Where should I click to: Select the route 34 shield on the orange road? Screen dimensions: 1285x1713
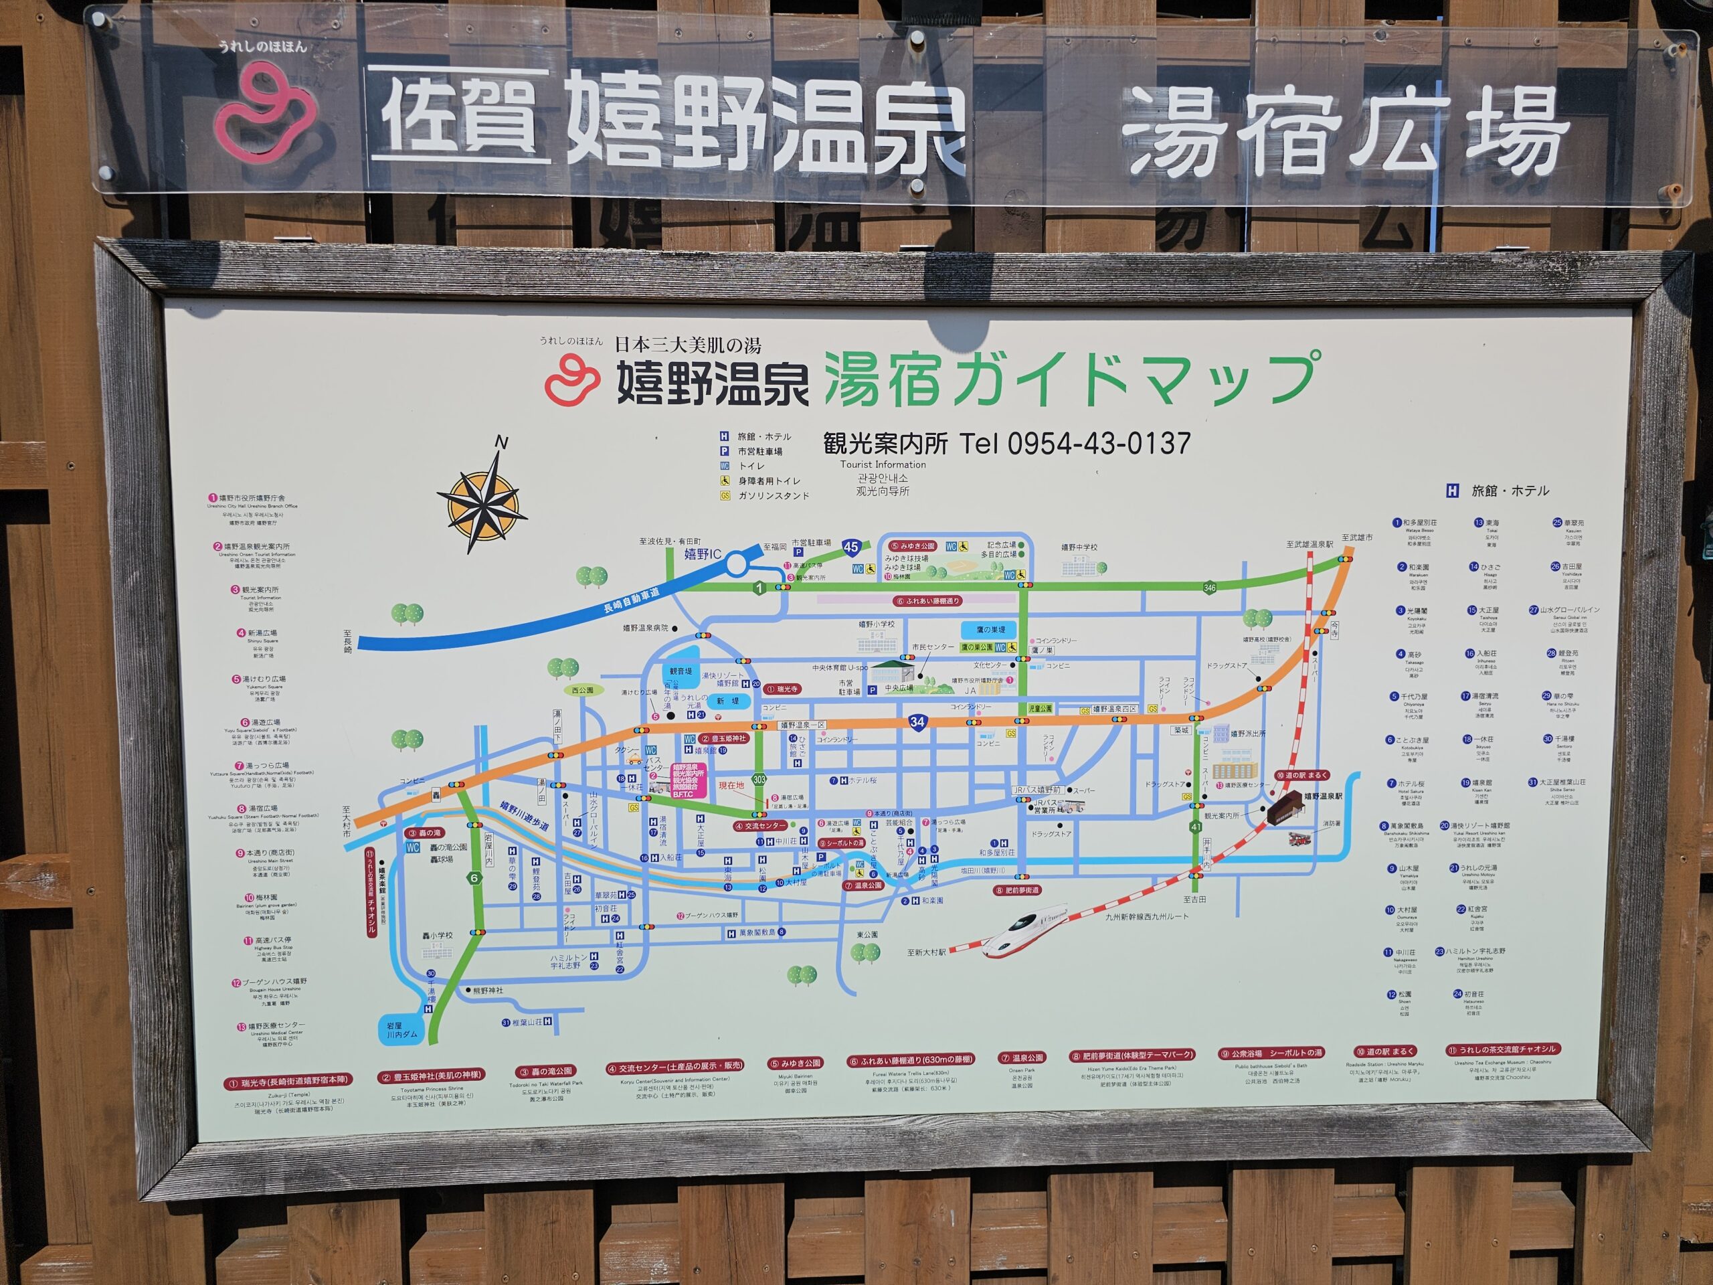pyautogui.click(x=917, y=722)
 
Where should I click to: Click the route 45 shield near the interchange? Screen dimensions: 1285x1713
pyautogui.click(x=851, y=547)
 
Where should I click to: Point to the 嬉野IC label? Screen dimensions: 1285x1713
pyautogui.click(x=703, y=553)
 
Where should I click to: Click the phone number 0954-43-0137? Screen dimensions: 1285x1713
pyautogui.click(x=1099, y=443)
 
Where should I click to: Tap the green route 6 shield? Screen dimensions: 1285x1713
pyautogui.click(x=474, y=878)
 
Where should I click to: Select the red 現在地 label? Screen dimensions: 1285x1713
pyautogui.click(x=731, y=786)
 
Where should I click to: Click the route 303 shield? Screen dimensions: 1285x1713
pyautogui.click(x=759, y=779)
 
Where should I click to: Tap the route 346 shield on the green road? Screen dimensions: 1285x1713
pyautogui.click(x=1210, y=588)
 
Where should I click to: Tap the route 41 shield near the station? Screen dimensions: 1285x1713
pyautogui.click(x=1196, y=827)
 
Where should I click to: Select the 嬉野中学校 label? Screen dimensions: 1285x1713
pyautogui.click(x=1079, y=547)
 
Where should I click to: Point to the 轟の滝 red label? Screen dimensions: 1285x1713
pyautogui.click(x=424, y=833)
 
